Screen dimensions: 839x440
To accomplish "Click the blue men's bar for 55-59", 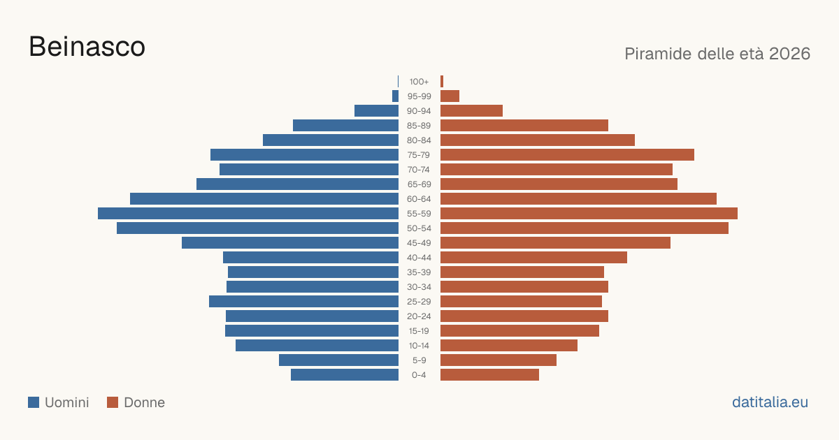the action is (248, 214).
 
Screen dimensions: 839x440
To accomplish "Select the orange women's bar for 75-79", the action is (567, 155).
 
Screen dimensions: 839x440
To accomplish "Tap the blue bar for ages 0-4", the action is (345, 375).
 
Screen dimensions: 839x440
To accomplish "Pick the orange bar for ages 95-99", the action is (450, 96).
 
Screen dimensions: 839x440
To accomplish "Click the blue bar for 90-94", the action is (376, 111).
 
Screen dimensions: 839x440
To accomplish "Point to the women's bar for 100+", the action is (442, 82).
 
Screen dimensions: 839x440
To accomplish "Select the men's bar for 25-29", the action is (303, 302).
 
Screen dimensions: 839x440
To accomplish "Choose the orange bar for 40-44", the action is (533, 258).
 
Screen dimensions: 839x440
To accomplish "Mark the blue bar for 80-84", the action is (331, 140).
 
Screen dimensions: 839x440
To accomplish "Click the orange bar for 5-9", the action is (499, 360).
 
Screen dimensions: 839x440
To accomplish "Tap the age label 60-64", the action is (419, 199).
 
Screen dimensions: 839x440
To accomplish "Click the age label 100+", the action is (419, 82).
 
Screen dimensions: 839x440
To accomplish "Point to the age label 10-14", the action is (419, 346).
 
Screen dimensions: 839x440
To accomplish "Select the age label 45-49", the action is (419, 243).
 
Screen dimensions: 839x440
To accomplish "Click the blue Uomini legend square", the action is (34, 402).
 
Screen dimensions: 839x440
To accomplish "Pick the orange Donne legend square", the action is (113, 402).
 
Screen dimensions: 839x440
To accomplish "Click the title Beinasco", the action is (87, 47).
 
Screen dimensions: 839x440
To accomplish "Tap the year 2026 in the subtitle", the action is (789, 54).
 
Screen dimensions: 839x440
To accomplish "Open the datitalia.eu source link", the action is (770, 402).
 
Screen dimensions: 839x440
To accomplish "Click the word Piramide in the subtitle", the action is (658, 54).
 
